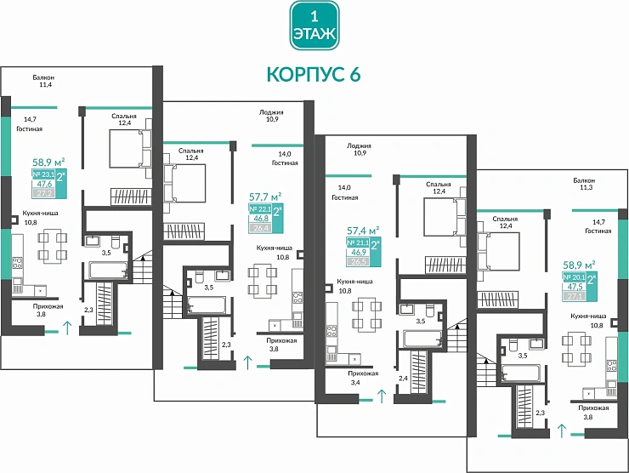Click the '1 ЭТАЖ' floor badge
[314, 26]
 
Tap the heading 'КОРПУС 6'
[314, 74]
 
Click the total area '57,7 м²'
[265, 196]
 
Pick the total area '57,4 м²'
[363, 230]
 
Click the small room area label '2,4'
[403, 377]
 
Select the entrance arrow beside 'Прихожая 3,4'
[382, 395]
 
